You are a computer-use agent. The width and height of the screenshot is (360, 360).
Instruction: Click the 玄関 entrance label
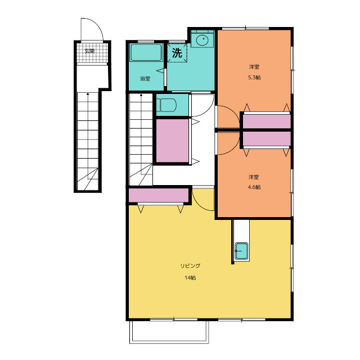[x=89, y=51]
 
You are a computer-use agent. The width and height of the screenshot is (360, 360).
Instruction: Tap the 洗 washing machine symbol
[x=177, y=53]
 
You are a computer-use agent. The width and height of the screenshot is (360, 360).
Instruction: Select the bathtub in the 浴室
[x=146, y=52]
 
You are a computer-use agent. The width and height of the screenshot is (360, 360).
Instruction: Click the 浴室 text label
[x=145, y=79]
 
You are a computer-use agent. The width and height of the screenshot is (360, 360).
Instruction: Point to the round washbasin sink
[x=202, y=40]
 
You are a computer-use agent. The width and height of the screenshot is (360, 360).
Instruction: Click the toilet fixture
[x=168, y=105]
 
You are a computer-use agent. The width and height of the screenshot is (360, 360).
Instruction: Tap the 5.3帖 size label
[x=254, y=78]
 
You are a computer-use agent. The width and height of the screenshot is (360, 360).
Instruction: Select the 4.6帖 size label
[x=254, y=187]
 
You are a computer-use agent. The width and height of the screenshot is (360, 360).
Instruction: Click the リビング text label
[x=190, y=266]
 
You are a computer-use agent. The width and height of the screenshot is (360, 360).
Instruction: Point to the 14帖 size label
[x=190, y=278]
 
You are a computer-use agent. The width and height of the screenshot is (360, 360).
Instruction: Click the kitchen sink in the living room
[x=241, y=251]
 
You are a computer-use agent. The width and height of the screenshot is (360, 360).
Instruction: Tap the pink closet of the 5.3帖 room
[x=267, y=121]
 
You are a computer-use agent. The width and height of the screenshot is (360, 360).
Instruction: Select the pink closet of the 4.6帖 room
[x=267, y=139]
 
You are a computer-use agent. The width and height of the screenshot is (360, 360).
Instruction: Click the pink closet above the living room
[x=159, y=195]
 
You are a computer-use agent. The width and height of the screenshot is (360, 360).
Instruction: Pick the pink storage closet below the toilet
[x=173, y=141]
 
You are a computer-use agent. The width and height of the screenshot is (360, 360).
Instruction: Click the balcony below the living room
[x=169, y=332]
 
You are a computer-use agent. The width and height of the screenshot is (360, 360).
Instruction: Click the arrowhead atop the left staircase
[x=88, y=94]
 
